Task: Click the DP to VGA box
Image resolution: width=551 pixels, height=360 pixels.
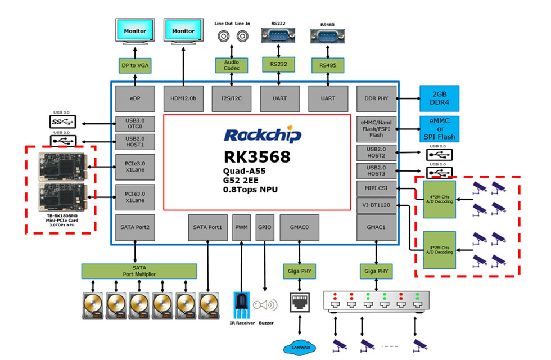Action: click(x=135, y=65)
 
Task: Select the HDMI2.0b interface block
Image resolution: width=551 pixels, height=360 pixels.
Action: click(x=183, y=98)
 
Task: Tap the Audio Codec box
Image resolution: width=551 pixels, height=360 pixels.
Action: click(x=231, y=65)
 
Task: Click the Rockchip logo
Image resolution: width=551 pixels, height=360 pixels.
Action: click(x=263, y=136)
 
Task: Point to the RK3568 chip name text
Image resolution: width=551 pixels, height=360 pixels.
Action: click(x=258, y=157)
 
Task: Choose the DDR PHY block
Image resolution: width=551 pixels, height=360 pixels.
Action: click(x=376, y=98)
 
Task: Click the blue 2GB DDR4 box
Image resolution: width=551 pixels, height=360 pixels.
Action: click(x=439, y=98)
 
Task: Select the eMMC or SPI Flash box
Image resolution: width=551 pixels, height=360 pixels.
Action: click(x=439, y=129)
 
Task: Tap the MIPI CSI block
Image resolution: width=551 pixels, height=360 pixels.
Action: click(x=376, y=188)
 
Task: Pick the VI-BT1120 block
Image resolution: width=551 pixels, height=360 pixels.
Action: click(x=376, y=205)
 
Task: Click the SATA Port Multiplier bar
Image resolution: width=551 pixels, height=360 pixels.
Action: click(x=139, y=271)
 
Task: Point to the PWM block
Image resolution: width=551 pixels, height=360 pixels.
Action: click(x=242, y=227)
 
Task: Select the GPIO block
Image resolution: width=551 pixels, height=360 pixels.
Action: click(x=264, y=227)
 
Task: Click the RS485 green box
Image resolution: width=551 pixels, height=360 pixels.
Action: click(x=328, y=65)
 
